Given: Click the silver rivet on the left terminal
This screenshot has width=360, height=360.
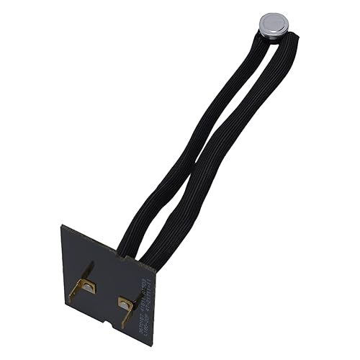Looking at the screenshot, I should point(86,287).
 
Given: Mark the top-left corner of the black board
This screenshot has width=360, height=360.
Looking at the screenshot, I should point(63,226).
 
